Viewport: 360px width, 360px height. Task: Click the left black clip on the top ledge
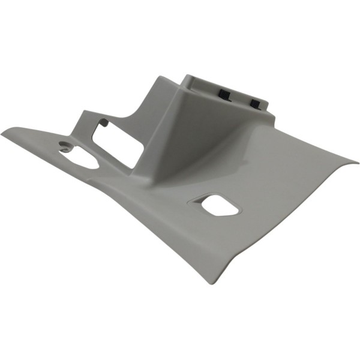[224, 94]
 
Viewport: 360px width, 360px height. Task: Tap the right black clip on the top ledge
[256, 103]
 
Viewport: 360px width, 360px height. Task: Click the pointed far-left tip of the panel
[3, 133]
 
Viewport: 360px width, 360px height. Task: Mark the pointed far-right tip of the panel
[356, 161]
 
